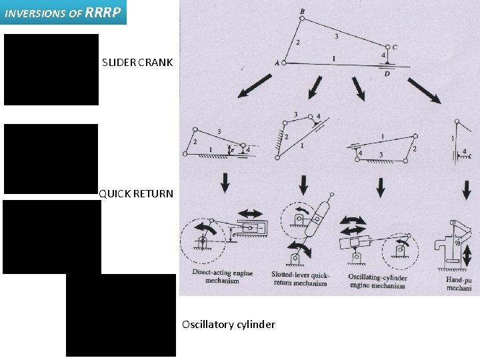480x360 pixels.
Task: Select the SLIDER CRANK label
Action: tap(137, 63)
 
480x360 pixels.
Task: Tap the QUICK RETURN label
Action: tap(136, 195)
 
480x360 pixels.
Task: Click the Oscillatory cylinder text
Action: tap(228, 325)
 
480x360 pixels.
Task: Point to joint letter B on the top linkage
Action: tap(303, 11)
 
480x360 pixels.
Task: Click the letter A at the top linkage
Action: tap(277, 63)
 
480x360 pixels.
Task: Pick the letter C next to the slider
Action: tap(395, 47)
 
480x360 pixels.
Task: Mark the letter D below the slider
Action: tap(387, 73)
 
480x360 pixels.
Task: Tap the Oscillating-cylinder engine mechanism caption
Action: tap(377, 281)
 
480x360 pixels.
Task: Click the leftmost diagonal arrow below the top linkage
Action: tap(254, 88)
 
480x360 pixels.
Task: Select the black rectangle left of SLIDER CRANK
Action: tap(51, 70)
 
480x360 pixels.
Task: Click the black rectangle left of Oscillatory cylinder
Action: tap(121, 315)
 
